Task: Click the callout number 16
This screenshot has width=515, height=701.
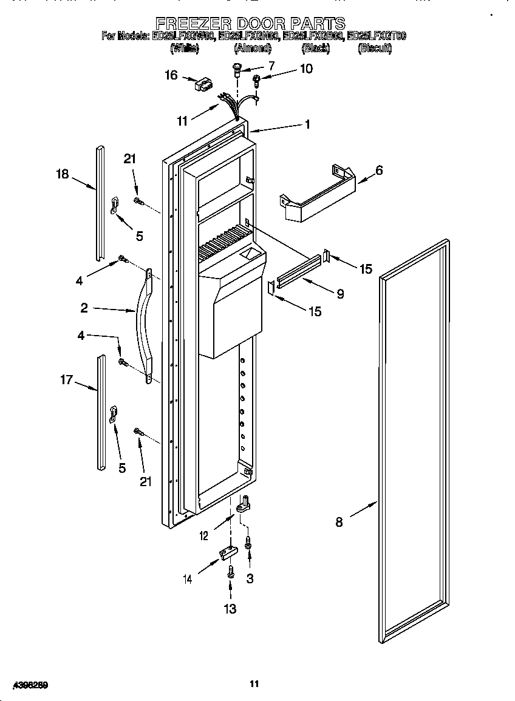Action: tap(171, 75)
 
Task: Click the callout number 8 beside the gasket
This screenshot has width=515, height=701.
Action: tap(339, 521)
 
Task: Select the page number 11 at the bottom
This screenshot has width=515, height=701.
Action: tap(254, 684)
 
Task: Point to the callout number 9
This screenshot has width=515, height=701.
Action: tap(340, 294)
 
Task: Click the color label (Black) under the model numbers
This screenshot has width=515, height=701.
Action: tap(316, 49)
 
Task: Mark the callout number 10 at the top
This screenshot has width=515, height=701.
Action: tap(306, 69)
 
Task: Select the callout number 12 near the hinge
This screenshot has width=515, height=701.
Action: tap(203, 535)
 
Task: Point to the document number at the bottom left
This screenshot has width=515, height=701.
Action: tap(25, 685)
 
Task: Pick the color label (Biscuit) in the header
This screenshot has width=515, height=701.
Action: tap(375, 49)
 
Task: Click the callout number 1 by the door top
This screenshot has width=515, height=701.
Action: tap(307, 124)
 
